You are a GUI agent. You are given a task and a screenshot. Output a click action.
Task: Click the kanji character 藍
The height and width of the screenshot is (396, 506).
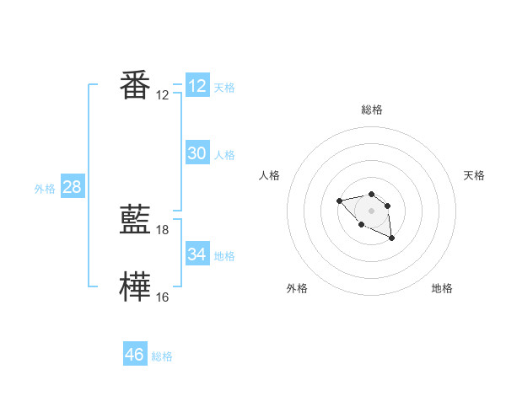click(x=136, y=220)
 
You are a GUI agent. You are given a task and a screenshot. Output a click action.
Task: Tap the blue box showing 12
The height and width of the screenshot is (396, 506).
click(x=197, y=86)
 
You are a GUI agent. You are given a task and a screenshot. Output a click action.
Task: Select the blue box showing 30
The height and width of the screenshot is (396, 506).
click(x=197, y=153)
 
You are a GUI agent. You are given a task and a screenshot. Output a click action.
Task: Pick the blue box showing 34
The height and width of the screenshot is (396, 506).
click(x=197, y=254)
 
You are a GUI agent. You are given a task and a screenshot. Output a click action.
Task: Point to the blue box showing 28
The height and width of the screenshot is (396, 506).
click(x=72, y=187)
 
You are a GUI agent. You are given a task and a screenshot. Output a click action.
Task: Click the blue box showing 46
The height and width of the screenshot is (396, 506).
click(x=135, y=355)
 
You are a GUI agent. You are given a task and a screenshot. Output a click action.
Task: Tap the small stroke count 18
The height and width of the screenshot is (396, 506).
click(x=163, y=229)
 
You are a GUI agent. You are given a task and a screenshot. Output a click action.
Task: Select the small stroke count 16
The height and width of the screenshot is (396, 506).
click(x=163, y=297)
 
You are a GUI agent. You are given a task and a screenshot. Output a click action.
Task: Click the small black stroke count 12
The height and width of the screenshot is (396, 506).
click(x=163, y=94)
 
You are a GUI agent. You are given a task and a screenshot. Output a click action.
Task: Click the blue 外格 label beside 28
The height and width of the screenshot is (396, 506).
click(x=45, y=189)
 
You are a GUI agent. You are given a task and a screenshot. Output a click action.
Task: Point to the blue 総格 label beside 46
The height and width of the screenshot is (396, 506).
click(x=162, y=356)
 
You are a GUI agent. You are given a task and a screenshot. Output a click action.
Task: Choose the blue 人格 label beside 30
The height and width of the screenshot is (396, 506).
click(x=224, y=155)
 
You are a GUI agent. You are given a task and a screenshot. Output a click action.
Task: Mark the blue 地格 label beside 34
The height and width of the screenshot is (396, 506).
click(x=224, y=256)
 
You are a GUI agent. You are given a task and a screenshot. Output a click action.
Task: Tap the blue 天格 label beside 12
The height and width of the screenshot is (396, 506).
click(x=224, y=88)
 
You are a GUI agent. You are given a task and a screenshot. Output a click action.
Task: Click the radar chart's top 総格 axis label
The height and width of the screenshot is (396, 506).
click(x=372, y=110)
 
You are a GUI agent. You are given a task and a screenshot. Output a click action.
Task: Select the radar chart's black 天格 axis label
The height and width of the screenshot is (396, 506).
click(x=475, y=175)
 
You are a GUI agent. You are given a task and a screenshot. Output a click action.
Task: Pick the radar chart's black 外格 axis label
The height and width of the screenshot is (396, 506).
click(x=297, y=288)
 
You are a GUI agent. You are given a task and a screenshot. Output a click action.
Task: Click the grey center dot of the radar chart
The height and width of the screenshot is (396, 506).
click(x=372, y=210)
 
